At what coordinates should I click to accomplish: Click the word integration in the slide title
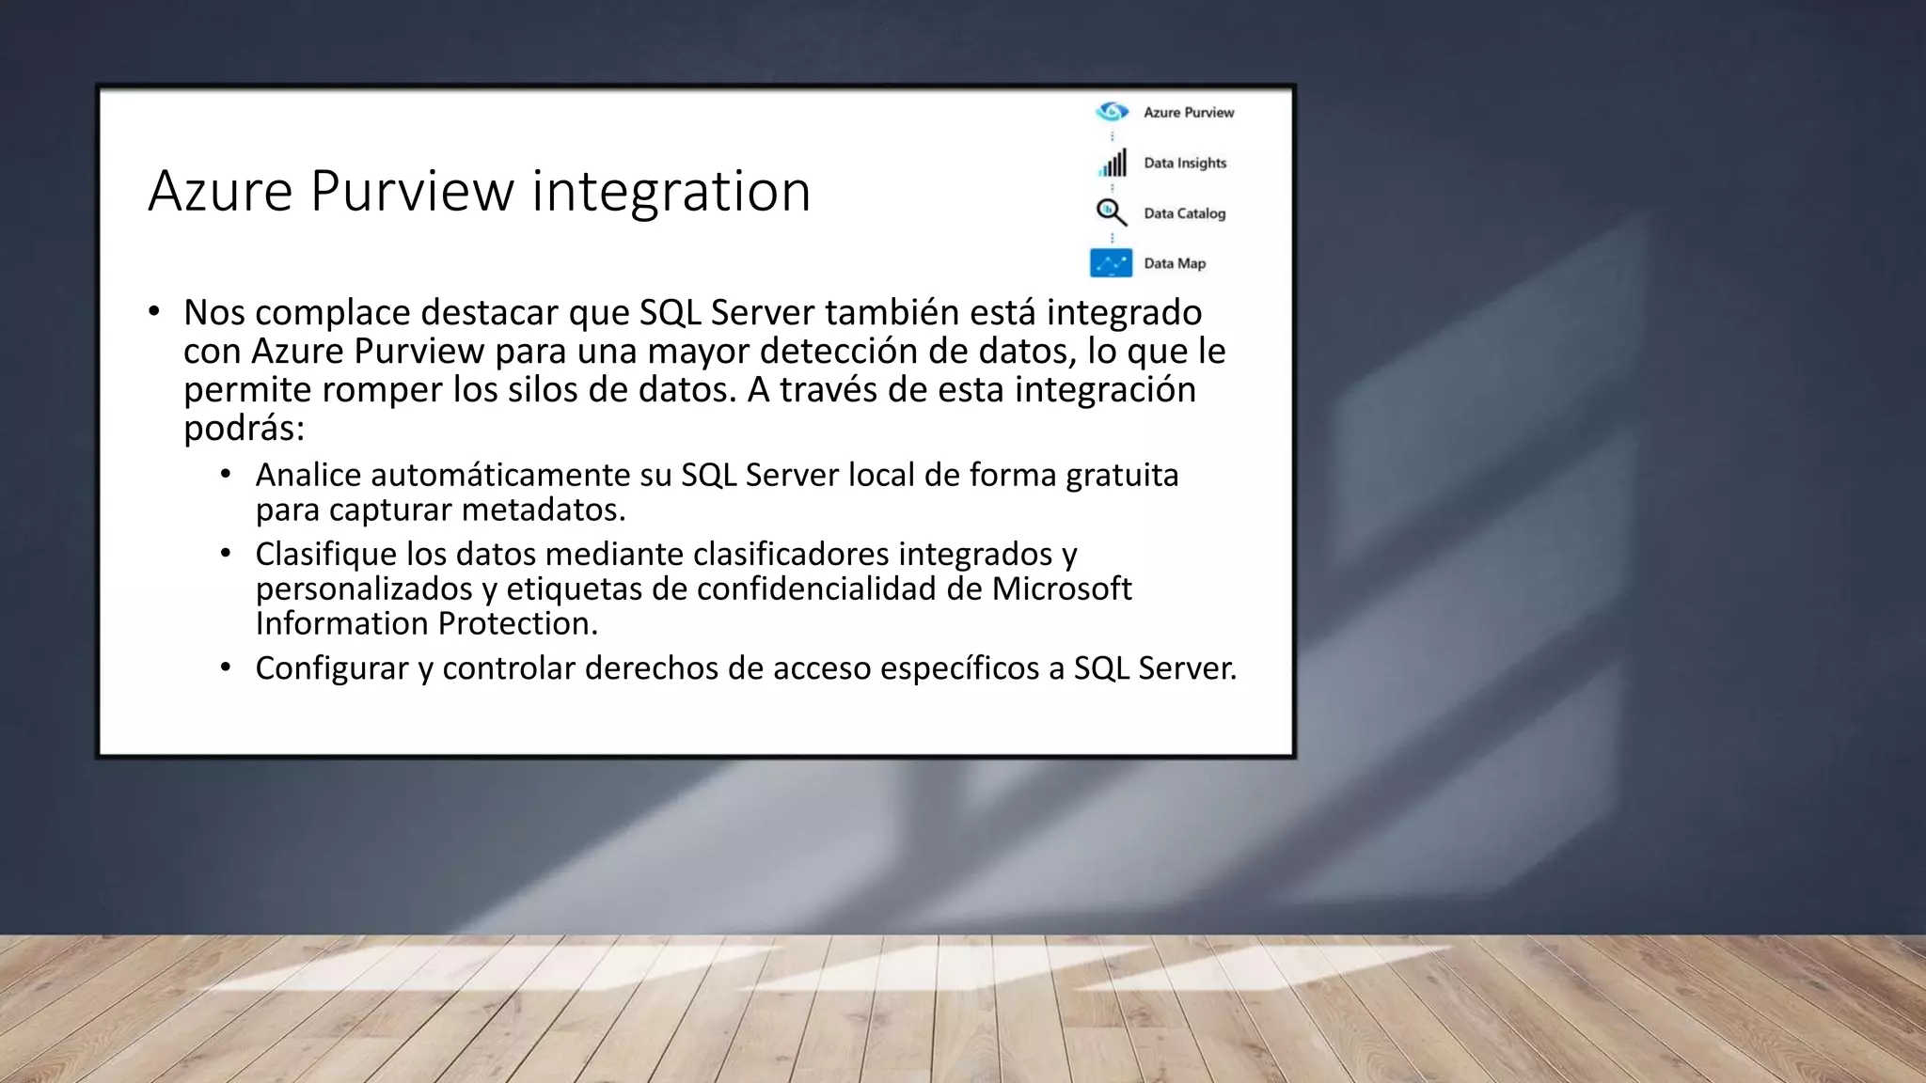[671, 192]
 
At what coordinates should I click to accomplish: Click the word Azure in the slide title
[220, 192]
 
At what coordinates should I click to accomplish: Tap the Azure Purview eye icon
[1112, 112]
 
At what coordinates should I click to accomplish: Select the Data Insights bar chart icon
[1113, 164]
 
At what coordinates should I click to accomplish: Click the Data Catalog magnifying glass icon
[1111, 212]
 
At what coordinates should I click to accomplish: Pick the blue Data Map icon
[1111, 263]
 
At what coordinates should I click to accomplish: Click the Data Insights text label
[1185, 164]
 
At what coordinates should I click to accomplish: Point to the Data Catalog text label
[1184, 213]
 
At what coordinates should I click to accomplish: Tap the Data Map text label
[1175, 263]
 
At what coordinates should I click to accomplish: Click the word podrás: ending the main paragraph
[244, 429]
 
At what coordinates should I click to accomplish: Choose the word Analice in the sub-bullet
[308, 476]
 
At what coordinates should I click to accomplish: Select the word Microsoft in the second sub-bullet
[1061, 589]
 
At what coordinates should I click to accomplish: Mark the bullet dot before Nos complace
[154, 311]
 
